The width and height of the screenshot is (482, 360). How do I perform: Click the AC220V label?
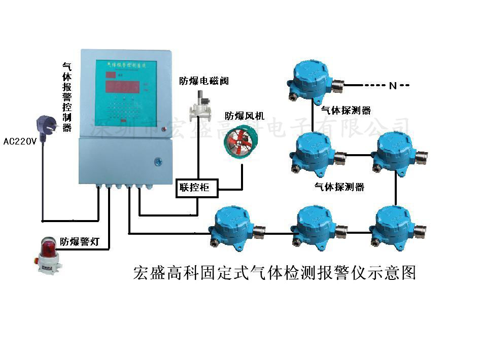20,141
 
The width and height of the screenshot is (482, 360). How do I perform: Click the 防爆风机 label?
245,116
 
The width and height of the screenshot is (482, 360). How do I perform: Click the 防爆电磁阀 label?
204,81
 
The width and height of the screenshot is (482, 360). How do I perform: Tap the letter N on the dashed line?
392,86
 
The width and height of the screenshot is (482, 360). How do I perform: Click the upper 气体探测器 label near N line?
346,110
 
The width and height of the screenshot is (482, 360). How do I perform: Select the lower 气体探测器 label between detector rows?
339,187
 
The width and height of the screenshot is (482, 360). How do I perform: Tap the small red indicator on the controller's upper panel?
163,130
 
